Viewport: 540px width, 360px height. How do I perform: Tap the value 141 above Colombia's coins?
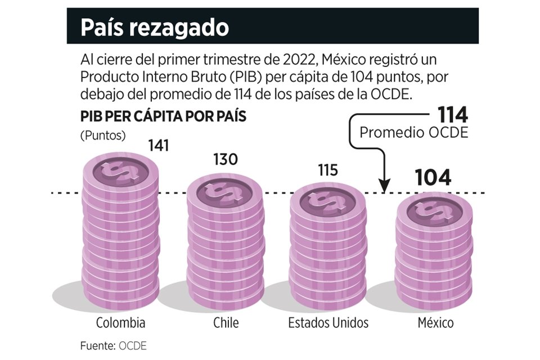[158, 146]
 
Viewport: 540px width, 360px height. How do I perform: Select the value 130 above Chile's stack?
[225, 159]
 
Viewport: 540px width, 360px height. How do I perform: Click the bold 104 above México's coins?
[433, 178]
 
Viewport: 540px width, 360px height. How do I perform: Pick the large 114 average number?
[453, 115]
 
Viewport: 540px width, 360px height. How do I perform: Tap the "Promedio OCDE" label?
[413, 133]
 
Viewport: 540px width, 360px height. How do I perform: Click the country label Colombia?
[120, 323]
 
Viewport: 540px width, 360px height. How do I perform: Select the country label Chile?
[226, 323]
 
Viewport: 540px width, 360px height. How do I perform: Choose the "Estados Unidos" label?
[328, 323]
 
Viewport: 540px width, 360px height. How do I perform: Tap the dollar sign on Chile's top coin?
[224, 190]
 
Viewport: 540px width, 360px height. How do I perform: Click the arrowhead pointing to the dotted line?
[384, 186]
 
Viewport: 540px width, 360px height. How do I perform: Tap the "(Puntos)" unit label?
[103, 136]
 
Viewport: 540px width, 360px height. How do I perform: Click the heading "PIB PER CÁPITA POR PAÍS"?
[163, 117]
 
